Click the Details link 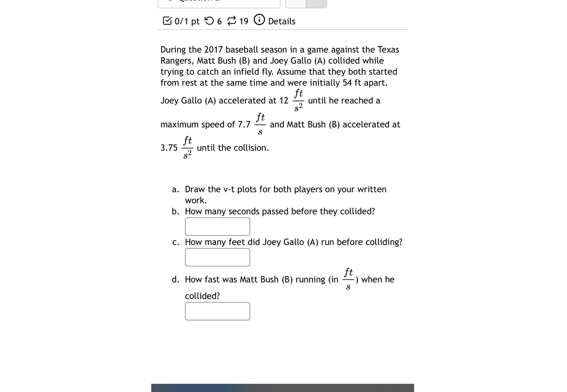click(x=282, y=21)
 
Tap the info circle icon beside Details click(x=259, y=20)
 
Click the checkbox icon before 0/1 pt click(x=167, y=21)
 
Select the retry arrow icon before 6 click(x=209, y=21)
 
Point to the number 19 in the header click(x=244, y=21)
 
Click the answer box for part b click(x=217, y=227)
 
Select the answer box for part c click(x=217, y=257)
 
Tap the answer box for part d click(x=217, y=311)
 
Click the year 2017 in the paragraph click(x=213, y=50)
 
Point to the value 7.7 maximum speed click(x=244, y=125)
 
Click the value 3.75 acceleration click(x=169, y=148)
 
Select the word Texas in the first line click(x=388, y=50)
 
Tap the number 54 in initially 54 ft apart click(x=347, y=83)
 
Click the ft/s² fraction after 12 click(x=298, y=100)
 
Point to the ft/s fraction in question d click(x=348, y=279)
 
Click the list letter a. click(x=175, y=189)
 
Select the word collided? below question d click(x=202, y=296)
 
